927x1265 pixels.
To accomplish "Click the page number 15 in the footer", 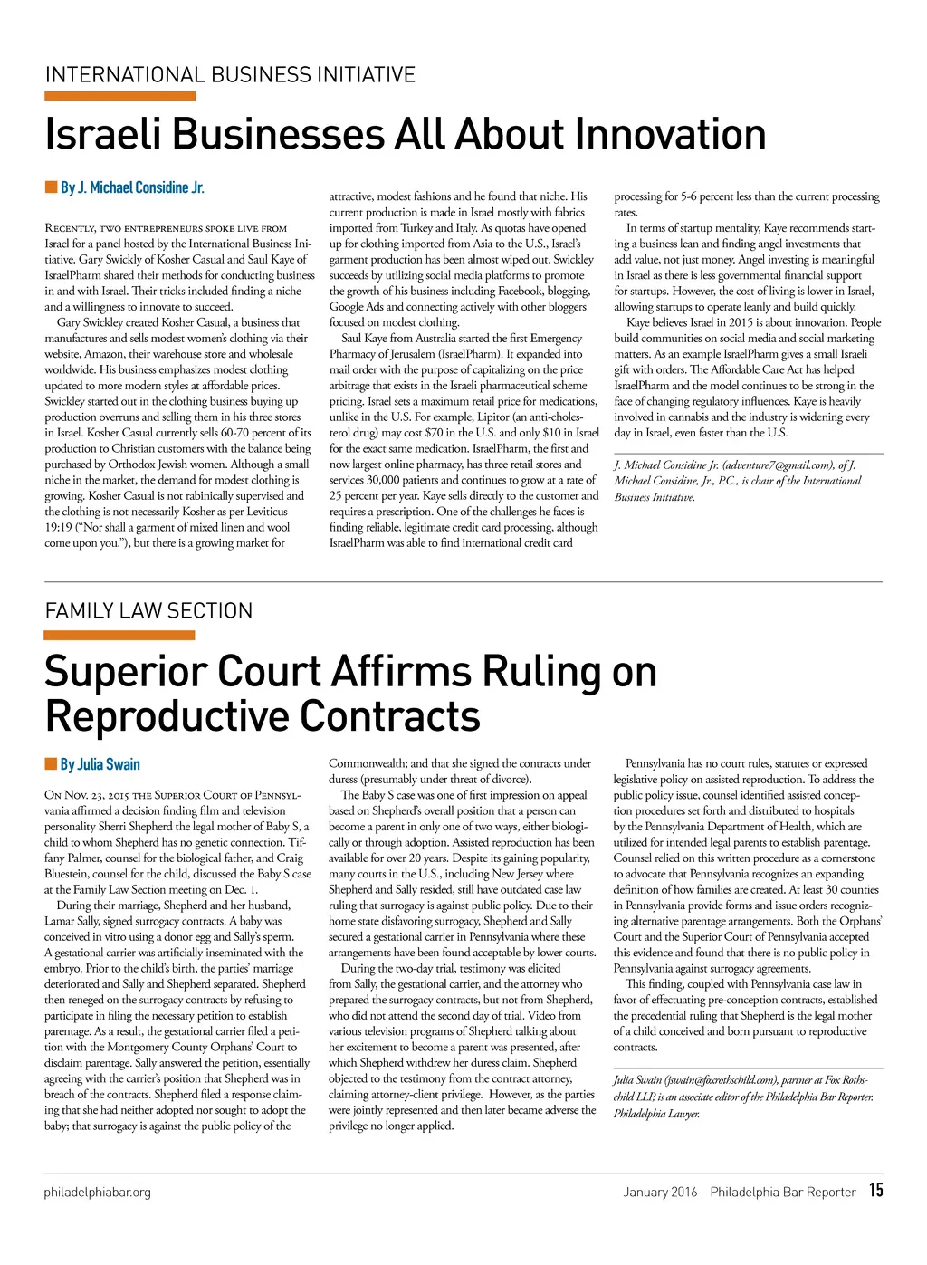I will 875,1190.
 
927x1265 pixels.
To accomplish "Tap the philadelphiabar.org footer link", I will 97,1192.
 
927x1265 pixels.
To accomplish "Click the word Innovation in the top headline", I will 670,134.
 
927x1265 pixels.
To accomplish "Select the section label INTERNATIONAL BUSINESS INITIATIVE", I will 230,74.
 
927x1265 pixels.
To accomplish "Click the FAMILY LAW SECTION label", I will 148,611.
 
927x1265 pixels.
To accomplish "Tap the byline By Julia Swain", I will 100,764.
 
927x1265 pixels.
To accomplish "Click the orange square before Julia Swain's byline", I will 51,764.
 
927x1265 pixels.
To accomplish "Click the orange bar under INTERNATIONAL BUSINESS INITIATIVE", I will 119,95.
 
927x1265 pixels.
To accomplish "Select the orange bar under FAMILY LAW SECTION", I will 119,635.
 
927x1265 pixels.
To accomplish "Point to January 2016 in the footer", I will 660,1192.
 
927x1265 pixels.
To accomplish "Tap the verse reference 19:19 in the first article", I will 59,527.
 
